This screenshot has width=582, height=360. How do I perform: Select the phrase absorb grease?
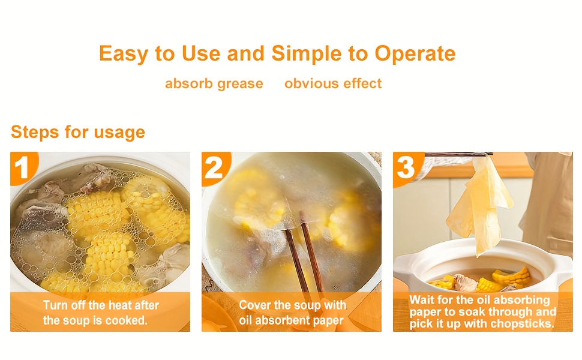pos(214,83)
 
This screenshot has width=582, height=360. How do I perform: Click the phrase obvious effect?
pos(333,83)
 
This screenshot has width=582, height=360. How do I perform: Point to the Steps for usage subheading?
pos(78,132)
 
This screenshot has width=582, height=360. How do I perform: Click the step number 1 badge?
pos(22,168)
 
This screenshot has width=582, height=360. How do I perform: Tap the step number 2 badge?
pos(214,168)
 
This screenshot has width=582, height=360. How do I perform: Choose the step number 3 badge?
pos(406,168)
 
